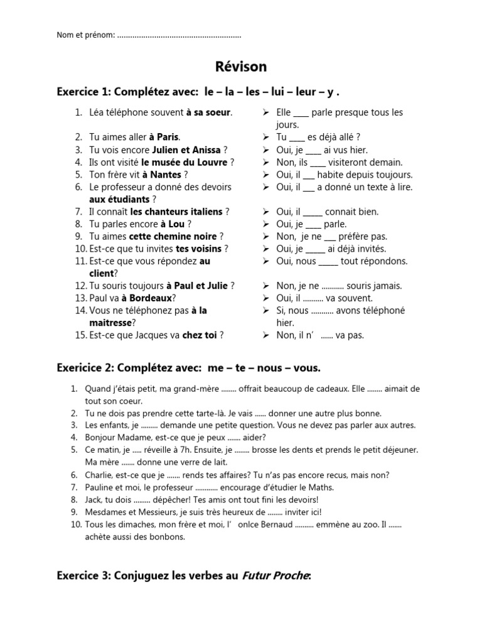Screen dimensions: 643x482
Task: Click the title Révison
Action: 241,67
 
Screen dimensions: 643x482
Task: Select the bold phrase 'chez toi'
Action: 200,335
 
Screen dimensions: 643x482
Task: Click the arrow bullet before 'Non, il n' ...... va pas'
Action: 266,335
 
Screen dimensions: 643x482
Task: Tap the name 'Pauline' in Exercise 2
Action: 100,487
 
